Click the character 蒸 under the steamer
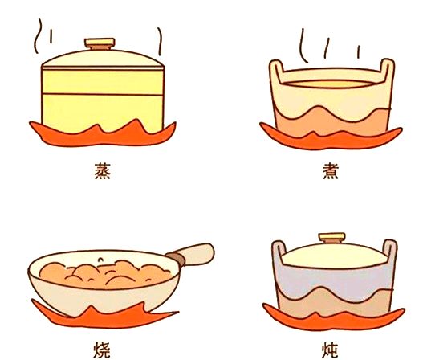103,170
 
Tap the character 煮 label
331,170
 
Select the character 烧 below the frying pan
102,350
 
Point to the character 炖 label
330,350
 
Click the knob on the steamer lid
100,43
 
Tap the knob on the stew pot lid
332,238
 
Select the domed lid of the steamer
103,58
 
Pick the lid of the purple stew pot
335,256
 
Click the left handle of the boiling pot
276,71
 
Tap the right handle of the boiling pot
388,70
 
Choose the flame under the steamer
103,135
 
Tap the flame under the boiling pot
331,139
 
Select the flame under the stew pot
333,320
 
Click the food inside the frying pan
104,274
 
